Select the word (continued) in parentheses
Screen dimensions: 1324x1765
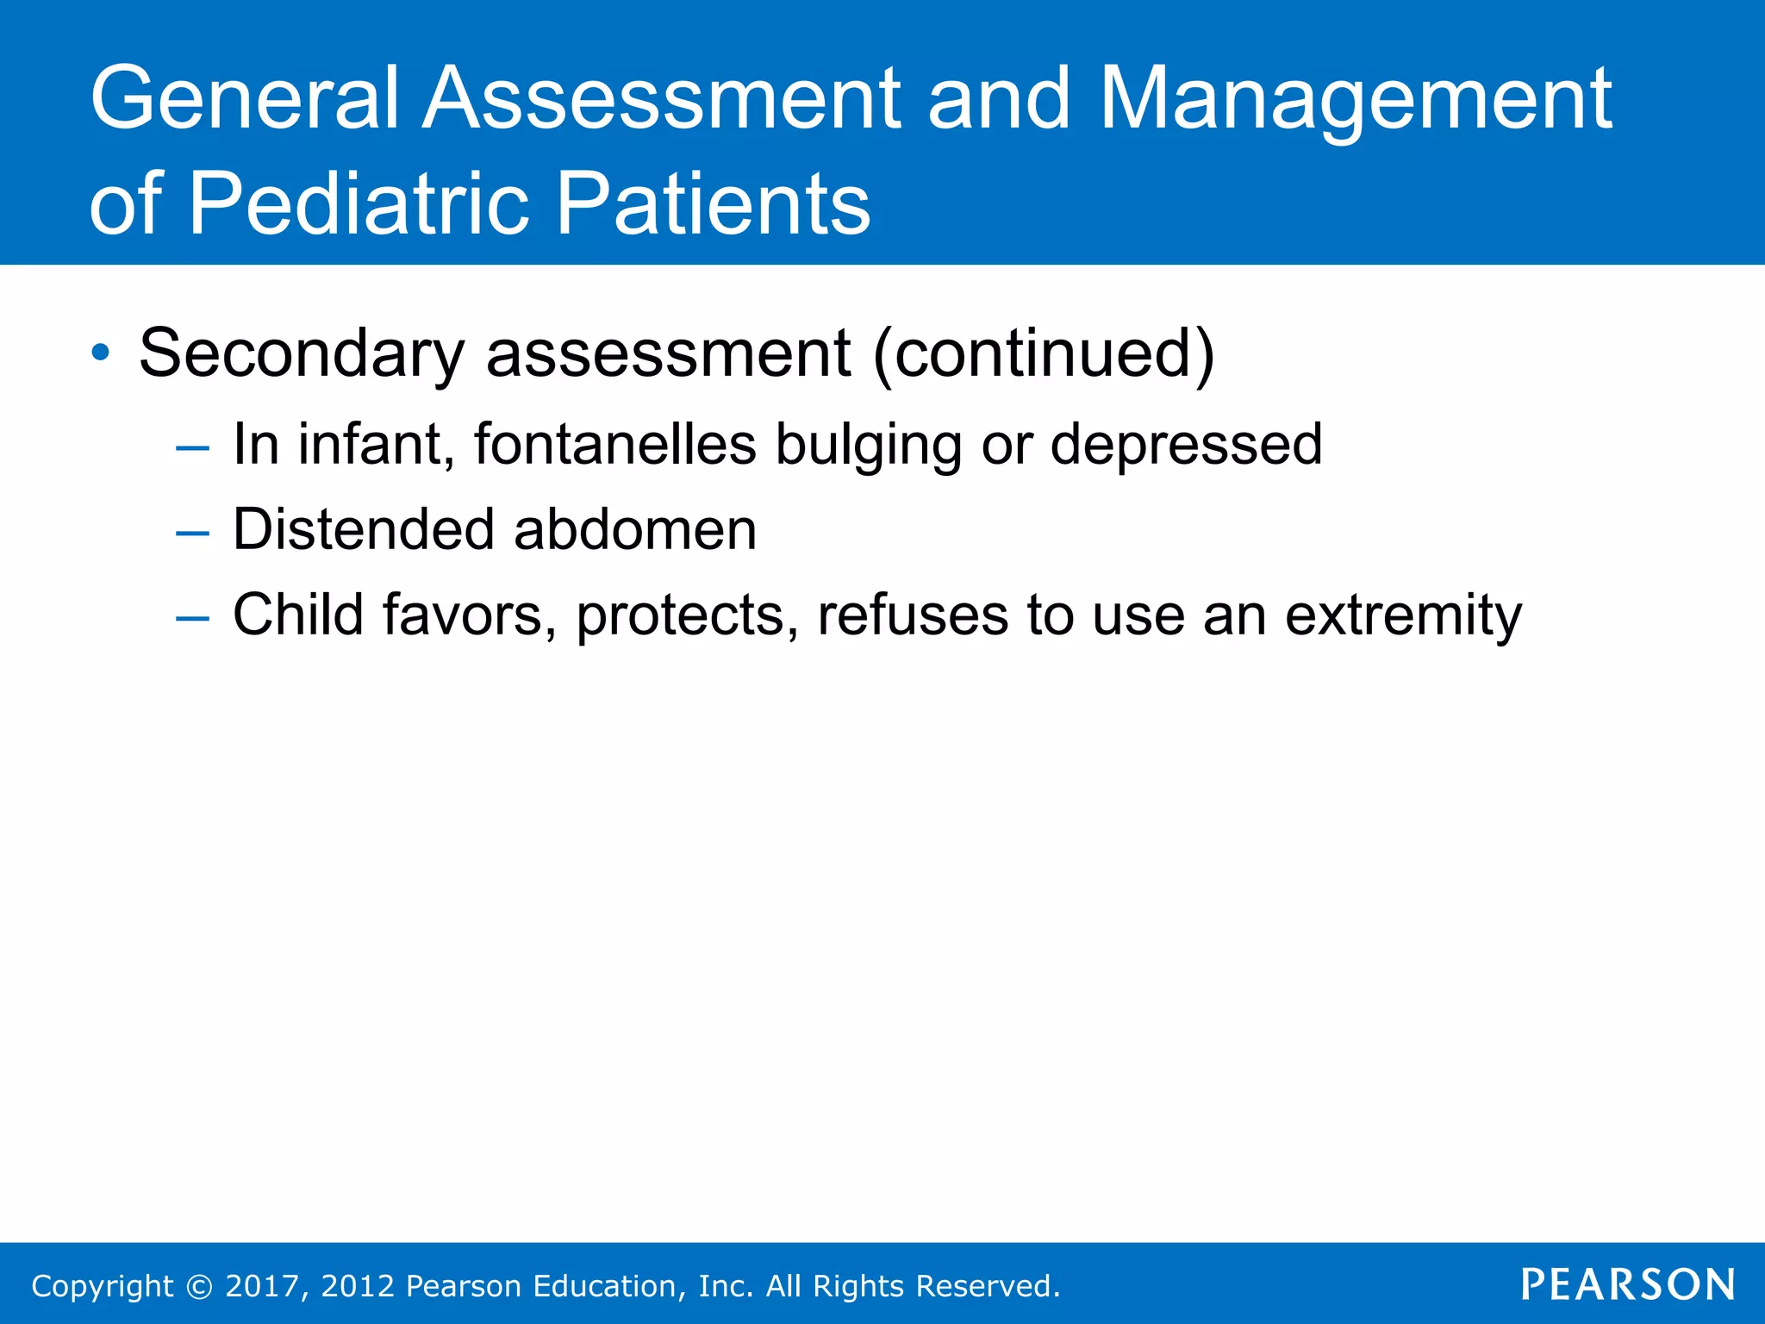click(1043, 353)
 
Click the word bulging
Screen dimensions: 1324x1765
click(868, 446)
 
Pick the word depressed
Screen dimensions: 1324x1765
click(1185, 446)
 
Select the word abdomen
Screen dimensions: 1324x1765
click(635, 529)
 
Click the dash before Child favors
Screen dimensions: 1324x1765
click(192, 618)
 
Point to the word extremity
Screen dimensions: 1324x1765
click(1403, 615)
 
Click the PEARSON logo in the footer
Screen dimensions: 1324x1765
click(1627, 1285)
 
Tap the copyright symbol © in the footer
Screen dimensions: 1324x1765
click(199, 1287)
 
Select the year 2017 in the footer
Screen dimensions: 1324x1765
click(261, 1286)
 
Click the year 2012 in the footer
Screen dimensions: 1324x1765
click(358, 1286)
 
